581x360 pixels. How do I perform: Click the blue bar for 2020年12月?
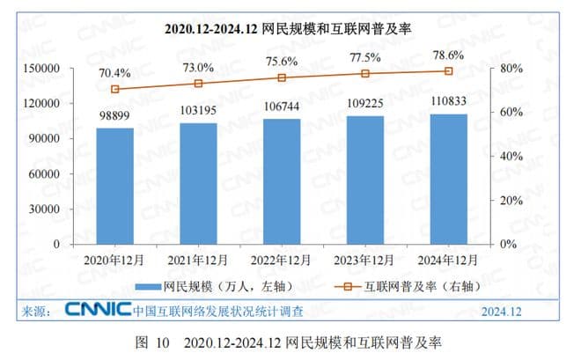(x=115, y=186)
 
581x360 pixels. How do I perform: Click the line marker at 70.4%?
(x=115, y=89)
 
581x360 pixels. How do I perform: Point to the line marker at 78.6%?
(x=448, y=70)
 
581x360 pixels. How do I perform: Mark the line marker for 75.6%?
(x=282, y=77)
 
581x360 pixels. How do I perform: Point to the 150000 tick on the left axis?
(x=41, y=68)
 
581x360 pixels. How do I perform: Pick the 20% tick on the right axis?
(x=511, y=200)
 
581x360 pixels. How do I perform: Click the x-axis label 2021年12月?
(x=199, y=260)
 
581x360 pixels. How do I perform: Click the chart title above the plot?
(x=290, y=29)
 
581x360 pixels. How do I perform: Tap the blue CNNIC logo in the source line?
(x=96, y=311)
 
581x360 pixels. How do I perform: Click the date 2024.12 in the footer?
(x=501, y=312)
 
